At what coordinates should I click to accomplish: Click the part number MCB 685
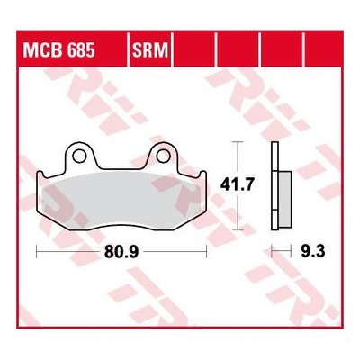pyautogui.click(x=59, y=50)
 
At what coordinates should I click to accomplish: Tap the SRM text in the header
pyautogui.click(x=150, y=50)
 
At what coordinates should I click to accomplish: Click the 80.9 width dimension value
pyautogui.click(x=121, y=252)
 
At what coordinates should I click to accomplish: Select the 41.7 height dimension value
pyautogui.click(x=237, y=184)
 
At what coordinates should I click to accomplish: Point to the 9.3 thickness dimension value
pyautogui.click(x=312, y=251)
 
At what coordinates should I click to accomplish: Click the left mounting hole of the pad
pyautogui.click(x=79, y=157)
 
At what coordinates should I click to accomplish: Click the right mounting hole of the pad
pyautogui.click(x=163, y=157)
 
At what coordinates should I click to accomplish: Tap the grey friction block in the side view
pyautogui.click(x=285, y=199)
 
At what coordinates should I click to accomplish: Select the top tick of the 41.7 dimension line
pyautogui.click(x=238, y=141)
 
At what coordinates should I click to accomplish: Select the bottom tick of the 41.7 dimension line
pyautogui.click(x=238, y=230)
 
